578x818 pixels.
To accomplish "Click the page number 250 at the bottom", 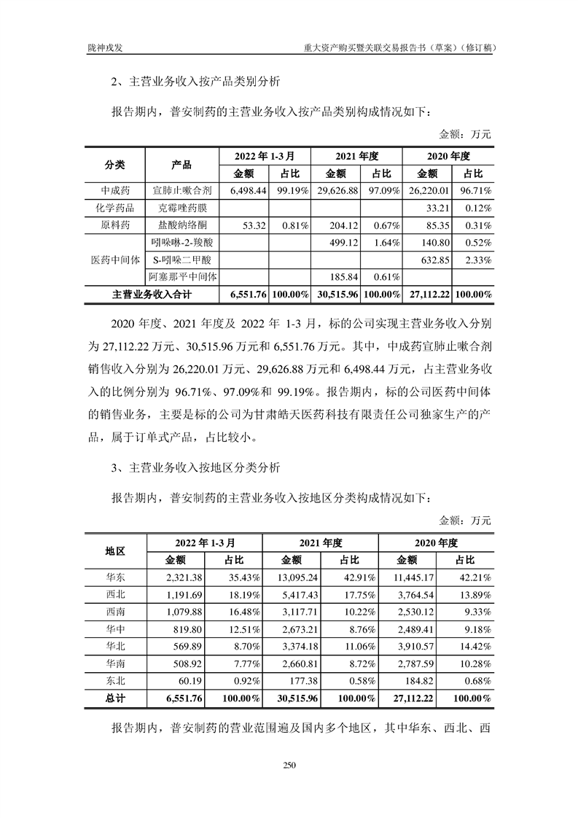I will click(289, 765).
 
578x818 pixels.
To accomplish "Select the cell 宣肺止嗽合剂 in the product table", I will click(182, 191).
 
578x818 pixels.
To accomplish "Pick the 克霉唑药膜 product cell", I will click(182, 209).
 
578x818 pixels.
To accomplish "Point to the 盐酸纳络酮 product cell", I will click(182, 225).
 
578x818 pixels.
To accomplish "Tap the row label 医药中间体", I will click(115, 260).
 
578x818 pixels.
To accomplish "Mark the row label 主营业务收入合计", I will click(152, 295).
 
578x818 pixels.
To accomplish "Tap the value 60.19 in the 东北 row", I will click(188, 681).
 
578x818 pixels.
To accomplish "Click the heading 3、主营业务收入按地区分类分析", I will click(195, 467).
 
